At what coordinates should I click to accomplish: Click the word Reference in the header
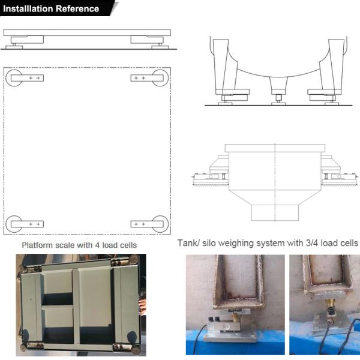point(77,8)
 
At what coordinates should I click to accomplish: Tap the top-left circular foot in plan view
point(13,77)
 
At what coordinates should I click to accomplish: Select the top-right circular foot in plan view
point(160,77)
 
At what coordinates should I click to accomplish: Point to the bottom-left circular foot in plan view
point(13,224)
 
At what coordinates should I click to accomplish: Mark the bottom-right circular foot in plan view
point(160,224)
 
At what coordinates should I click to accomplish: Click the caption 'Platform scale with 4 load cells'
point(79,245)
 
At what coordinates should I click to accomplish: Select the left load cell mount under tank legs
point(235,95)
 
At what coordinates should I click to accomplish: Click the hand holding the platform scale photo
point(142,305)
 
